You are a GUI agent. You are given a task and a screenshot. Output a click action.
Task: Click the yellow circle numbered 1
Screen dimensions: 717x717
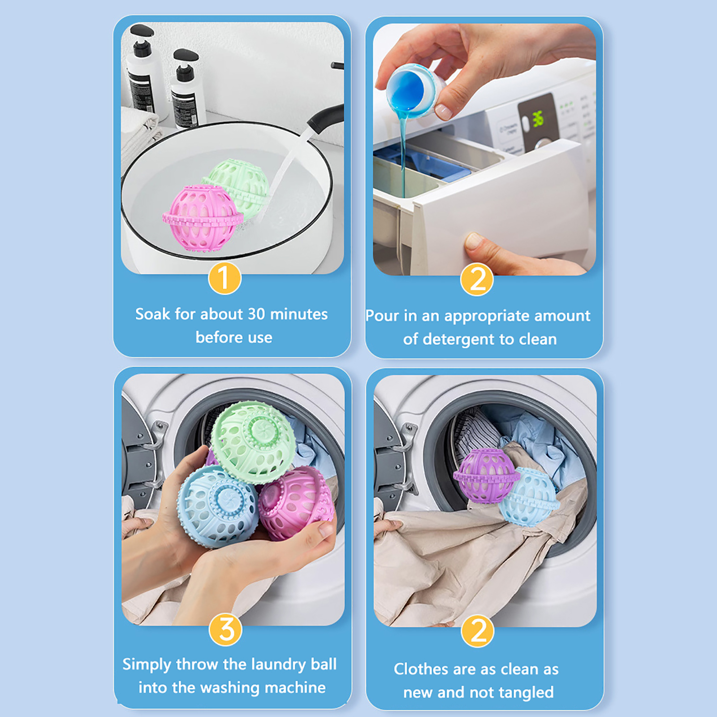[x=225, y=278]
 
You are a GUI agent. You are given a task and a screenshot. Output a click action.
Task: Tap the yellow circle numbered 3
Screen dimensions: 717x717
[x=226, y=630]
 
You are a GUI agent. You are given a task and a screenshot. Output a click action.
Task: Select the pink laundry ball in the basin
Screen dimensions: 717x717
[x=203, y=217]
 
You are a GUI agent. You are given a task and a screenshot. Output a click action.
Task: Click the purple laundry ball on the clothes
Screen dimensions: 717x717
[x=485, y=475]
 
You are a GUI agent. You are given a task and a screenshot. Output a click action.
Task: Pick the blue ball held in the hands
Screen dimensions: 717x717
[x=218, y=506]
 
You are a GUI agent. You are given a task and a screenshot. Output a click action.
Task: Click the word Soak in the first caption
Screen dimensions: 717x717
[x=153, y=314]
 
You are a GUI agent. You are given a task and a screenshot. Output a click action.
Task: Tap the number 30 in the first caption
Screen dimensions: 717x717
[x=256, y=314]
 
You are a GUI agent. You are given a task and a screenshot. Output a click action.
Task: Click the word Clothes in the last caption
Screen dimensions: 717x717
[x=421, y=669]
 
